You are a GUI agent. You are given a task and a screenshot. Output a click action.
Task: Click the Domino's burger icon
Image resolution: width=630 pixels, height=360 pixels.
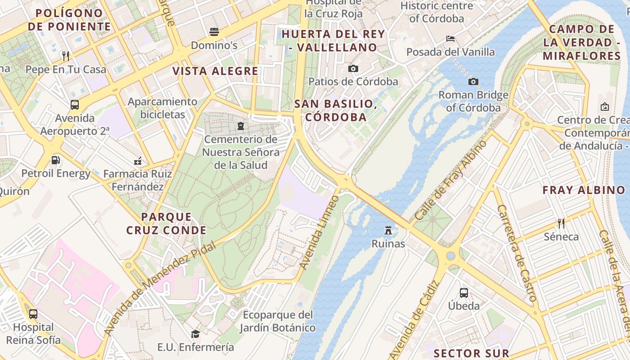[x=214, y=32]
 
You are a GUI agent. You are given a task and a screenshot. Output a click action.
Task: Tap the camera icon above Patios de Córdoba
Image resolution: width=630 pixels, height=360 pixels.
[x=353, y=68]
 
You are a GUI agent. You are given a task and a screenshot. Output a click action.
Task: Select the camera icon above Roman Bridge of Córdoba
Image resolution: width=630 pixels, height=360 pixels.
[x=473, y=81]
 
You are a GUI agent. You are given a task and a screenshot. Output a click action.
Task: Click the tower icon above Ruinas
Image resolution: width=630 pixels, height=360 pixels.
[x=388, y=231]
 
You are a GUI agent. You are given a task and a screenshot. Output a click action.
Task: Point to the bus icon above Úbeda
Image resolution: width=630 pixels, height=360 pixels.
[x=463, y=293]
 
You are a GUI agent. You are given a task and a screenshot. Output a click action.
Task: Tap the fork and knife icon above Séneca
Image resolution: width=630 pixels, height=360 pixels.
[x=561, y=223]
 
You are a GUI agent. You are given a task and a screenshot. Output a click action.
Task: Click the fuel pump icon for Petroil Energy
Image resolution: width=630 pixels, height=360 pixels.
[x=56, y=160]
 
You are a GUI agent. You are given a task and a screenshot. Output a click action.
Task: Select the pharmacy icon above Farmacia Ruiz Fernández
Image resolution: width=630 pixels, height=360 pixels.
[x=138, y=161]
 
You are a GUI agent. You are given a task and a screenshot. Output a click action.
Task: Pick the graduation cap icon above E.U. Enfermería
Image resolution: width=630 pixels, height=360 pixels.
[x=195, y=334]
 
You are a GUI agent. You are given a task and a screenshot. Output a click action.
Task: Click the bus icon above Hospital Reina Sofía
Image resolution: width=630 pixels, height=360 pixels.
[x=33, y=314]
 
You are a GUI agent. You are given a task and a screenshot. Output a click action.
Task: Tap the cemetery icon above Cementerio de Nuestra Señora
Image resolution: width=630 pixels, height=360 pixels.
[x=241, y=126]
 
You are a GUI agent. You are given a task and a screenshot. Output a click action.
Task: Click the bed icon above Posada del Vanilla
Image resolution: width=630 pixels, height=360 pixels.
[x=450, y=39]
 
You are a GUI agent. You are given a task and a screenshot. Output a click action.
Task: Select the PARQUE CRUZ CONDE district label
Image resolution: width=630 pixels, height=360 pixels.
[x=166, y=224]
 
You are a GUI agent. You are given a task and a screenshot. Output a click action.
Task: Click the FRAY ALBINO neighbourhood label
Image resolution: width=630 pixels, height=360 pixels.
[x=584, y=190]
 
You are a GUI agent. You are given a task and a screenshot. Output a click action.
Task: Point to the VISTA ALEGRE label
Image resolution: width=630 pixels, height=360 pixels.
[x=215, y=71]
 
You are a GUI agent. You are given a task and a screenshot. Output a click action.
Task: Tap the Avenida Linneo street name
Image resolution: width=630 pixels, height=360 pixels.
[x=319, y=233]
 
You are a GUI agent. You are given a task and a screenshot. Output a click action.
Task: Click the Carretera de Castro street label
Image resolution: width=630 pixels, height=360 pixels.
[x=517, y=253]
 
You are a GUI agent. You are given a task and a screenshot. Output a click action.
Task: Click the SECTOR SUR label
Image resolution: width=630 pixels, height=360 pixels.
[x=471, y=353]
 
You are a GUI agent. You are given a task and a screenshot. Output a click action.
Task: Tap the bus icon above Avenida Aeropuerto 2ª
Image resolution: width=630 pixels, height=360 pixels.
[x=75, y=105]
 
